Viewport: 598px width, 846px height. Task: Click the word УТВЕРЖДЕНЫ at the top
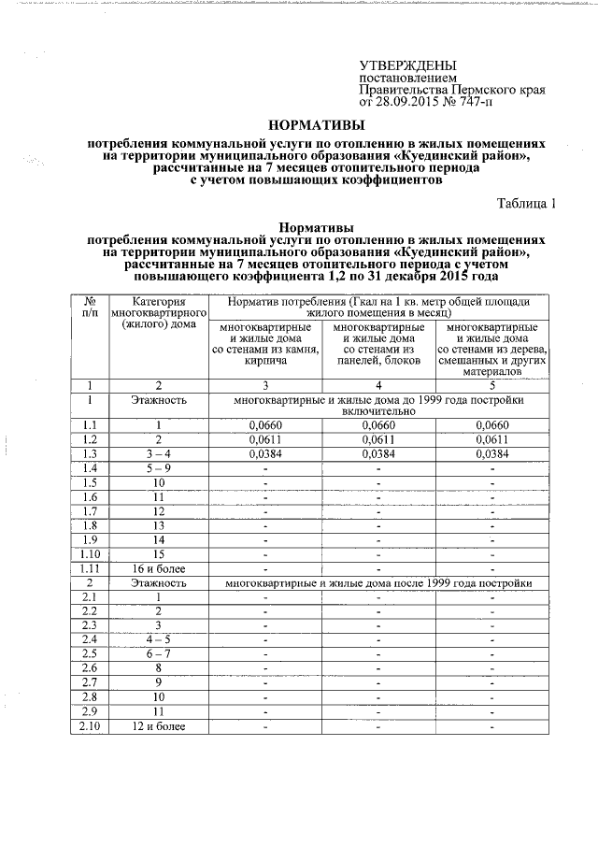408,65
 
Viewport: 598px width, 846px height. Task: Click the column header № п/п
91,308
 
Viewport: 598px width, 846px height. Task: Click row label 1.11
91,566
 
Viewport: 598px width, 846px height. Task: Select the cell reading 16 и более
159,566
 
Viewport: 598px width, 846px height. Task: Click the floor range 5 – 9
159,467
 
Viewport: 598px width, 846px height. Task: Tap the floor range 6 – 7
159,654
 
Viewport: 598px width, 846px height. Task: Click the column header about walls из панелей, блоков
377,343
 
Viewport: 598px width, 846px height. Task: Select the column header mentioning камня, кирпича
264,343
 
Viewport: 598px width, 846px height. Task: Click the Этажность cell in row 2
159,581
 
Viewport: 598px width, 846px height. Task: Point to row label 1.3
91,453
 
